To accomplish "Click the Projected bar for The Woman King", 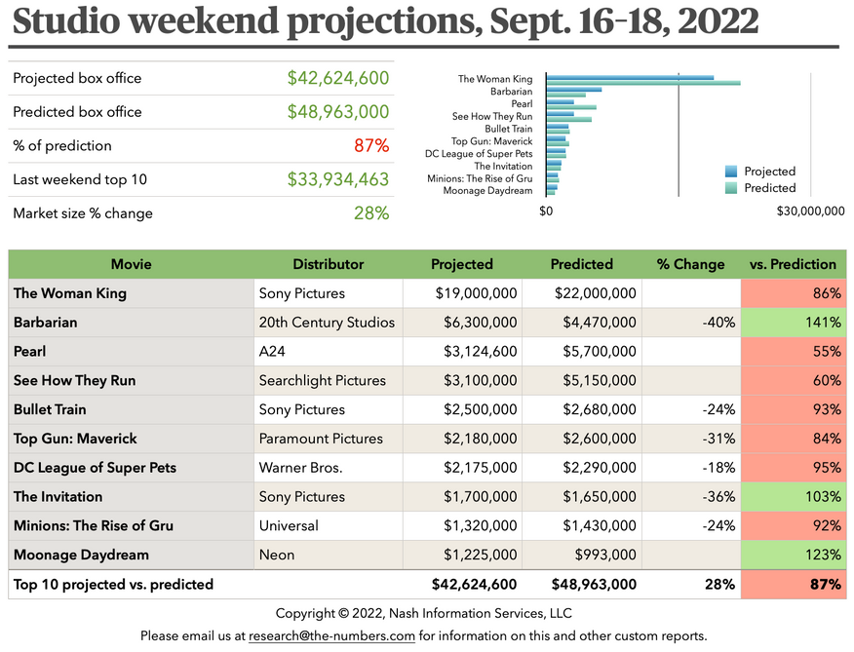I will tap(630, 77).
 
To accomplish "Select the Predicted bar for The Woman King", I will tap(643, 82).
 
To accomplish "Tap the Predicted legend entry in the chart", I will tap(769, 188).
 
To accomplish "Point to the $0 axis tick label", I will tap(546, 211).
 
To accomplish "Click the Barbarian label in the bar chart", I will tap(512, 91).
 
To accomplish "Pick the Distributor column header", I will tap(328, 264).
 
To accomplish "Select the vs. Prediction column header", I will tap(793, 264).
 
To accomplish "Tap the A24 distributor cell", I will tap(272, 352).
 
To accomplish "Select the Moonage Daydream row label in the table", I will tap(81, 556).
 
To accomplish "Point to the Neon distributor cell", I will tap(276, 556).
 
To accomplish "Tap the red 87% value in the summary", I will tap(371, 146).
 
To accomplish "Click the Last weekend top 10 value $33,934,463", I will tap(337, 179).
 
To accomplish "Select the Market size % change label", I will tap(83, 213).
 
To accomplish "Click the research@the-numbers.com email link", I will tap(332, 636).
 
